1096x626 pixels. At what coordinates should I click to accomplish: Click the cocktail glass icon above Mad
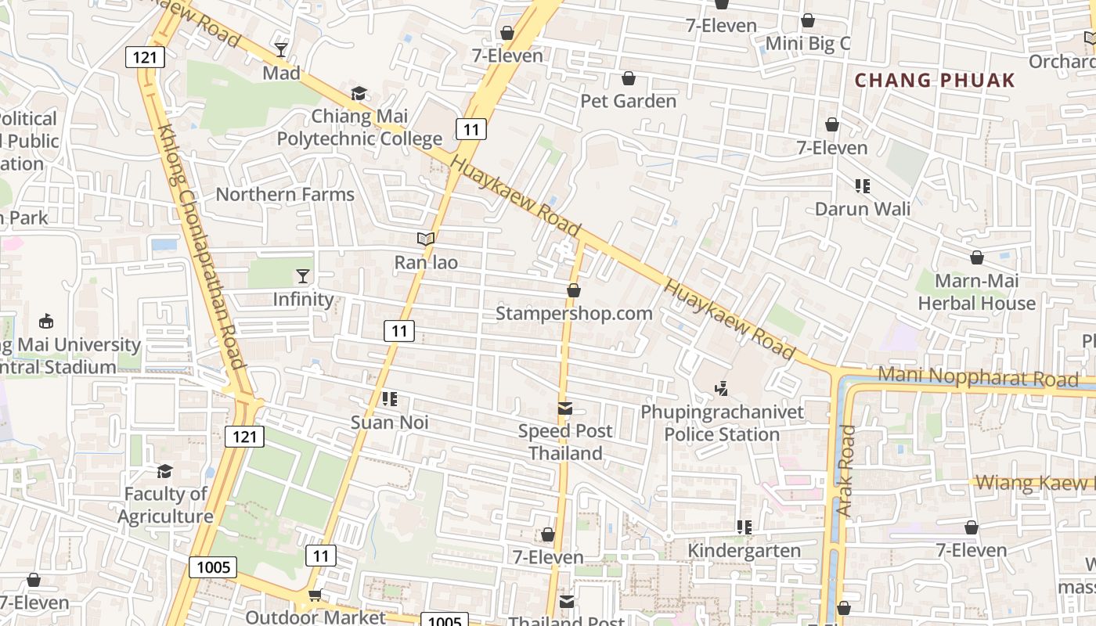pyautogui.click(x=281, y=50)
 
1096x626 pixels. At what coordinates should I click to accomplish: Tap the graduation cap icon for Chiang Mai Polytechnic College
pyautogui.click(x=359, y=94)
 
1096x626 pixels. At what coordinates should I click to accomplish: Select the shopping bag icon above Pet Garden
pyautogui.click(x=628, y=78)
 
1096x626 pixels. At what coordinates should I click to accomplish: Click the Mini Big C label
pyautogui.click(x=807, y=43)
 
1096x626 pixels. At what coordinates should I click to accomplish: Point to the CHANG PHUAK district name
pyautogui.click(x=934, y=80)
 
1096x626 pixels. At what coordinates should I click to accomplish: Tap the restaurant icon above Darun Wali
pyautogui.click(x=863, y=186)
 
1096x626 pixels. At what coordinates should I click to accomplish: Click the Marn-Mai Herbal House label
pyautogui.click(x=976, y=292)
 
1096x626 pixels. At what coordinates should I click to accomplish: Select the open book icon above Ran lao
pyautogui.click(x=425, y=239)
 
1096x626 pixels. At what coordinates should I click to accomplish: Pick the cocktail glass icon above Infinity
pyautogui.click(x=303, y=275)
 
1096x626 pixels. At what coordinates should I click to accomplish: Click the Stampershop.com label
pyautogui.click(x=574, y=314)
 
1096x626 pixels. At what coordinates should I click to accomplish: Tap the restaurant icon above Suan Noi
pyautogui.click(x=389, y=399)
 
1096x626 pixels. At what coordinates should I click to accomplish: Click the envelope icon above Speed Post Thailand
pyautogui.click(x=565, y=408)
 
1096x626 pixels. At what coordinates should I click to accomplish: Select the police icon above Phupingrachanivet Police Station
pyautogui.click(x=722, y=387)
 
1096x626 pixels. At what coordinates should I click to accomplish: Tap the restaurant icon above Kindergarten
pyautogui.click(x=744, y=527)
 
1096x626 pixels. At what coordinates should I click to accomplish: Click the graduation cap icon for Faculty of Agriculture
pyautogui.click(x=164, y=471)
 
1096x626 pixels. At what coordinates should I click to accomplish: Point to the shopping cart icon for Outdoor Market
pyautogui.click(x=315, y=595)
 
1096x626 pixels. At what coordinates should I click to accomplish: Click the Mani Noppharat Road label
pyautogui.click(x=977, y=377)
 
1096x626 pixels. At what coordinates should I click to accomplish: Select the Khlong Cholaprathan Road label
pyautogui.click(x=200, y=246)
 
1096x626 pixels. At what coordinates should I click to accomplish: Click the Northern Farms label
pyautogui.click(x=285, y=194)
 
